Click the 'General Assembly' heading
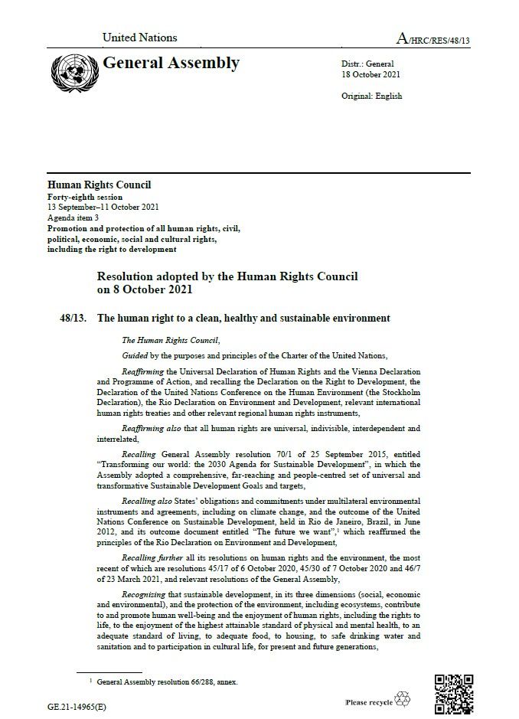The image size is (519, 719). coord(171,64)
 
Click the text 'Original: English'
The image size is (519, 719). coord(371,96)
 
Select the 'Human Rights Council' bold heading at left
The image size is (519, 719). coord(100,185)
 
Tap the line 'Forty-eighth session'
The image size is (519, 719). coord(83,198)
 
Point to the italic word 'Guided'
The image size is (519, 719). coord(135,355)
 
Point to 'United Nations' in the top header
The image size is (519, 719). coord(139,37)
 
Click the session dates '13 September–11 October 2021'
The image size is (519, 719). coord(105,208)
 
